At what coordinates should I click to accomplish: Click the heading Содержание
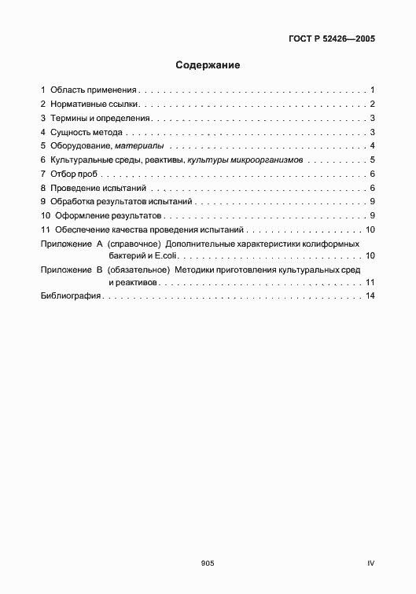point(208,65)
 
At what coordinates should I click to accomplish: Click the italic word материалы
point(139,146)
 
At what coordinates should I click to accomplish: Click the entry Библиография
point(72,296)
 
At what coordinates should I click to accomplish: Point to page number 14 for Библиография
point(370,296)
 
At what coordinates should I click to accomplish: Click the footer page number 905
point(208,563)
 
